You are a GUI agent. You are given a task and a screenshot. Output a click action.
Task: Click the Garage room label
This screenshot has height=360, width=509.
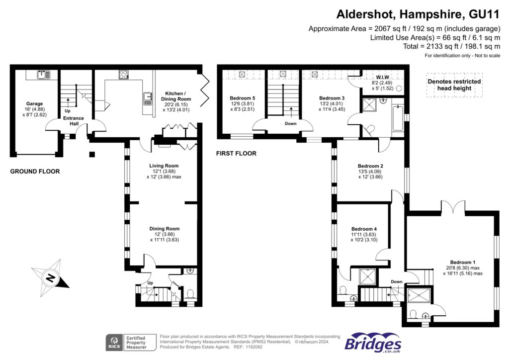pos(34,103)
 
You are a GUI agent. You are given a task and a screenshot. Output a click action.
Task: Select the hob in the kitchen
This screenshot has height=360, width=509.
pos(123,75)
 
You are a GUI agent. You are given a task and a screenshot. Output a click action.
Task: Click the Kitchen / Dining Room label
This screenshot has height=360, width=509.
pos(176,96)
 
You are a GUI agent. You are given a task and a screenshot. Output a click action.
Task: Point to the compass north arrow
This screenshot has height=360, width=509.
pos(50,277)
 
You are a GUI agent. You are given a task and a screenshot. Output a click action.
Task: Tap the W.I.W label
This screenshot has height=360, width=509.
pos(382,77)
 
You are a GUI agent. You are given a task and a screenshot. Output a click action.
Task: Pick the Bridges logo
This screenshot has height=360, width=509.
pos(373,343)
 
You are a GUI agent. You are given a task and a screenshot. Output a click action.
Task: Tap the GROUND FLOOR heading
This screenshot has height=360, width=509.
pos(35,172)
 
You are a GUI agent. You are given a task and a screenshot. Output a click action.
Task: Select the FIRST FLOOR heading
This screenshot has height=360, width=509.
pos(236,153)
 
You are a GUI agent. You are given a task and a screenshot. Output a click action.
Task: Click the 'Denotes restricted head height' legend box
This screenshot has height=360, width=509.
pos(454,85)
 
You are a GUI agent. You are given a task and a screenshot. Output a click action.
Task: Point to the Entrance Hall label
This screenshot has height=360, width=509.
pos(74,121)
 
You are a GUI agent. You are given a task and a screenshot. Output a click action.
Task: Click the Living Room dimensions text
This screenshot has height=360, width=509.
pos(164,174)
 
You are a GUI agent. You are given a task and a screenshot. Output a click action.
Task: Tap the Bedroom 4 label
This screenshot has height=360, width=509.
pos(364,229)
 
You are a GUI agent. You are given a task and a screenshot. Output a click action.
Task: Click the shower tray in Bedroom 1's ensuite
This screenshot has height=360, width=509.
pos(419,295)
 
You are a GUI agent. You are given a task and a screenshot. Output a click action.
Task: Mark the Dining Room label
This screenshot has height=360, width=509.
pos(164,229)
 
